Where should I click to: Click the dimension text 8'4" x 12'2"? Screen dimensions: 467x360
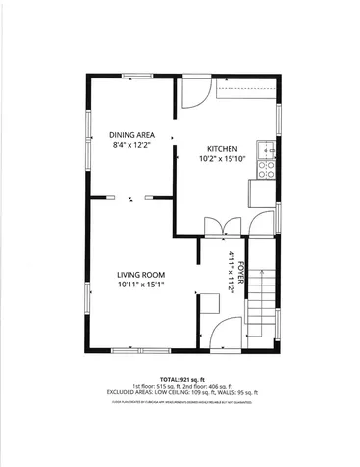click(x=130, y=145)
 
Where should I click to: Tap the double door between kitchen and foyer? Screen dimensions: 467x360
click(x=224, y=226)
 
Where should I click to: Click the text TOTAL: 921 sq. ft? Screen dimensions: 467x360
click(x=180, y=377)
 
